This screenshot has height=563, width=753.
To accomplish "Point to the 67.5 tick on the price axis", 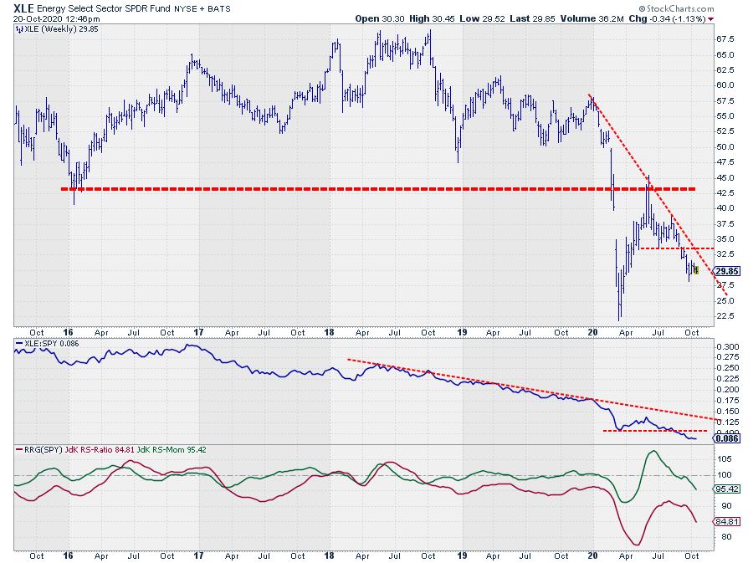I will click(725, 39).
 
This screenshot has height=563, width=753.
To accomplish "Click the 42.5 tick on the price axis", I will click(725, 192).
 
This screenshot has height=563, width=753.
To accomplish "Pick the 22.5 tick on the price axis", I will click(725, 315).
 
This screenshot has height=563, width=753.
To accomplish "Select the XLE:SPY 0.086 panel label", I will click(47, 344).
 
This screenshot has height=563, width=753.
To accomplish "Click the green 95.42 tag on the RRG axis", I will click(725, 489).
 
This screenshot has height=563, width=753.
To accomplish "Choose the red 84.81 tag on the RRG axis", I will click(725, 521).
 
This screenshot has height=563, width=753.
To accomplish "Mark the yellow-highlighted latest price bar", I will click(696, 269).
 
